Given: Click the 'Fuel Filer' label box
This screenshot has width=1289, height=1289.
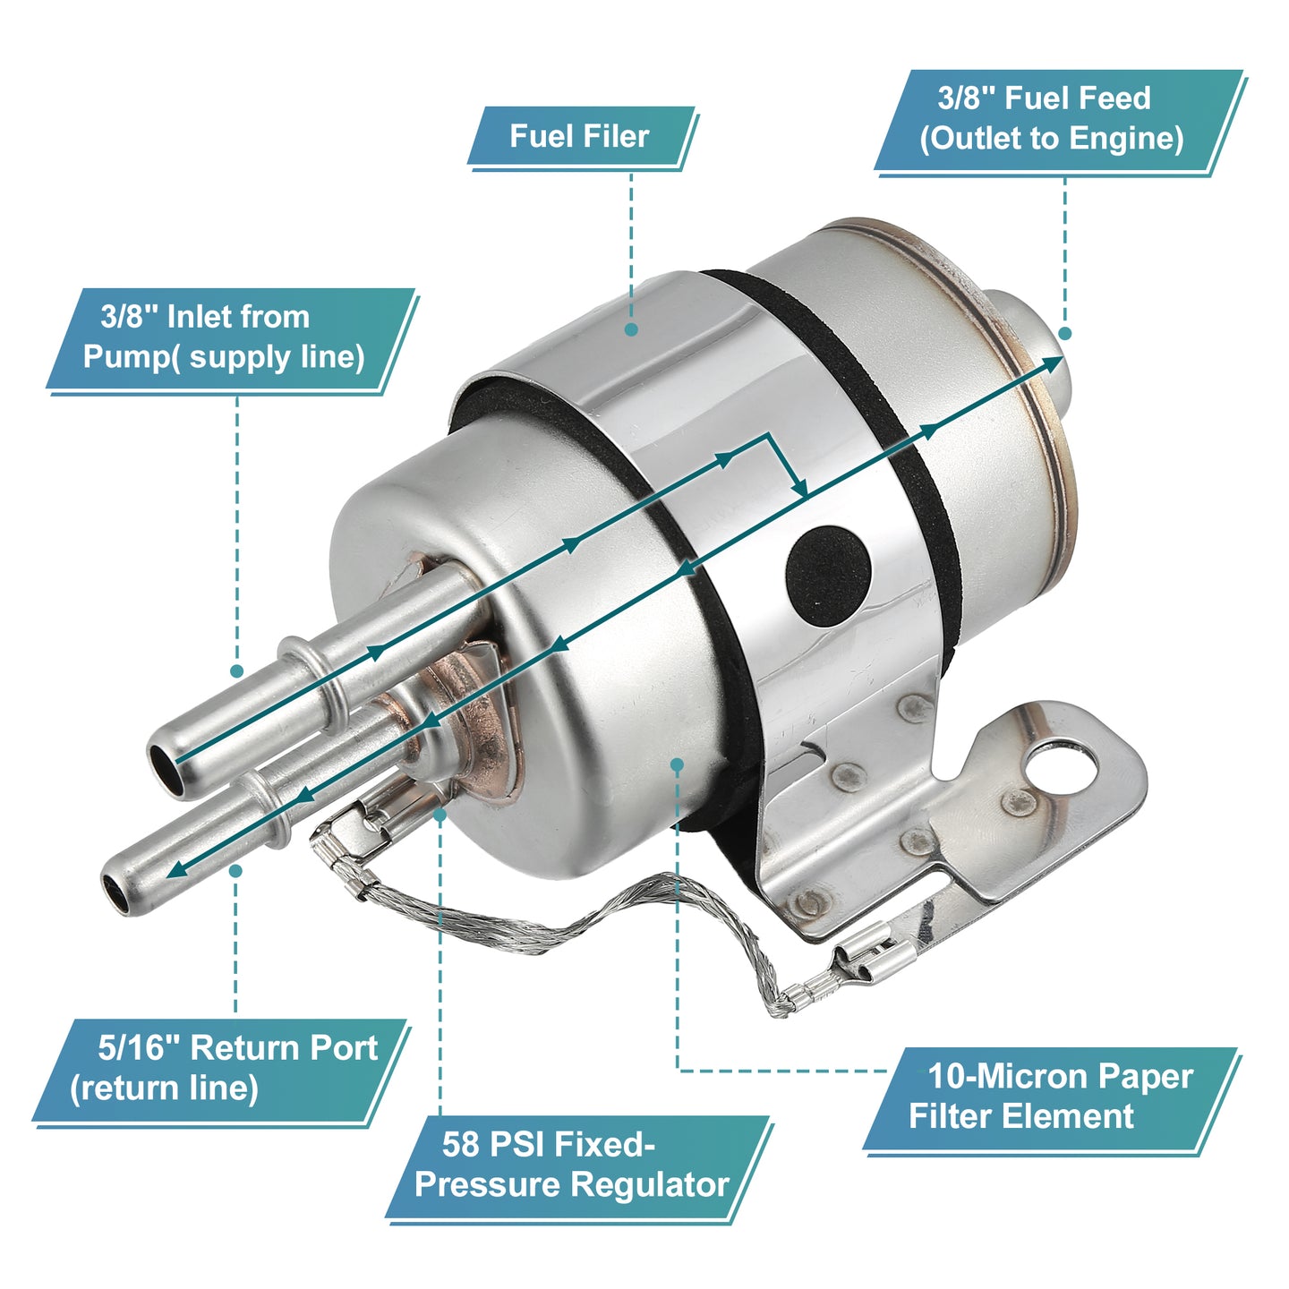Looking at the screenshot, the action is coord(581,136).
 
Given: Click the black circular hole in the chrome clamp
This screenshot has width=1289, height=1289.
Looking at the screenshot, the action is coord(828,576).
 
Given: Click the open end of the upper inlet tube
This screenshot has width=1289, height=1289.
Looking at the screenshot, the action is coord(163,768).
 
